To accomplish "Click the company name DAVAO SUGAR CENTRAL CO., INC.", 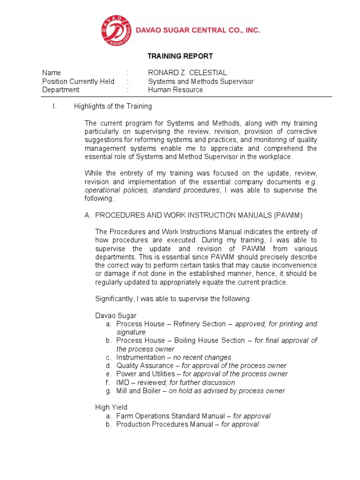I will [197, 30].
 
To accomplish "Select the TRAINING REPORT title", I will [180, 56].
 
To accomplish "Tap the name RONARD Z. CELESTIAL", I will [187, 73].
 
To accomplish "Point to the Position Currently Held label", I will [78, 82].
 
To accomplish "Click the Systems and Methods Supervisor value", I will [201, 82].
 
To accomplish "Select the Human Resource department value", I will [175, 90].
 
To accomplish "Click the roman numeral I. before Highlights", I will [54, 106].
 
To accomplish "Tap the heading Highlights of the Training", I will [113, 106].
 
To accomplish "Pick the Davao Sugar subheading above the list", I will [116, 315].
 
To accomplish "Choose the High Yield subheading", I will [111, 407].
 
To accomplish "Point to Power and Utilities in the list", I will [146, 374].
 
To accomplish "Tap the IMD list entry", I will [123, 382].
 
